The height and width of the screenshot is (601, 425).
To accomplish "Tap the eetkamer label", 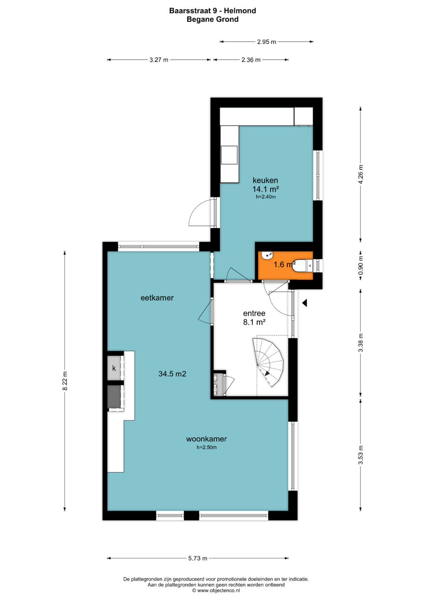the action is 157,298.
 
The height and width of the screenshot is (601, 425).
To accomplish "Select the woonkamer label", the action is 206,439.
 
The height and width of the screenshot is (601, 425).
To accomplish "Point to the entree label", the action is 254,313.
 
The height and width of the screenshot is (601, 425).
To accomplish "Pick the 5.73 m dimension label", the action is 198,558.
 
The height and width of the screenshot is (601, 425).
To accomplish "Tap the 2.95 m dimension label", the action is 266,42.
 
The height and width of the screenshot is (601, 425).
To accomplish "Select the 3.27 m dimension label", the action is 159,59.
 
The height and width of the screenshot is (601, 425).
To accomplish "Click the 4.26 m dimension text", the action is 360,174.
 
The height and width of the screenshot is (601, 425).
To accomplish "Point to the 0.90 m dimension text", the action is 360,266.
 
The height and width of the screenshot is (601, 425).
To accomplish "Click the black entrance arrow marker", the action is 305,303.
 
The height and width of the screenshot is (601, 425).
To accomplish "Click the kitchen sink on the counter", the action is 229,155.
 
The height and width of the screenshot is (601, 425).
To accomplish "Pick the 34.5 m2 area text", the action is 172,374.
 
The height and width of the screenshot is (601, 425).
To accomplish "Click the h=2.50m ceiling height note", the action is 206,447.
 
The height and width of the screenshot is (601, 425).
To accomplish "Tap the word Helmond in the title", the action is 240,11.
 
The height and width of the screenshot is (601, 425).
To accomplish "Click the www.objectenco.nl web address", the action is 218,590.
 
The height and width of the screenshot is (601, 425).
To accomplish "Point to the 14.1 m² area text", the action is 265,189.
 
